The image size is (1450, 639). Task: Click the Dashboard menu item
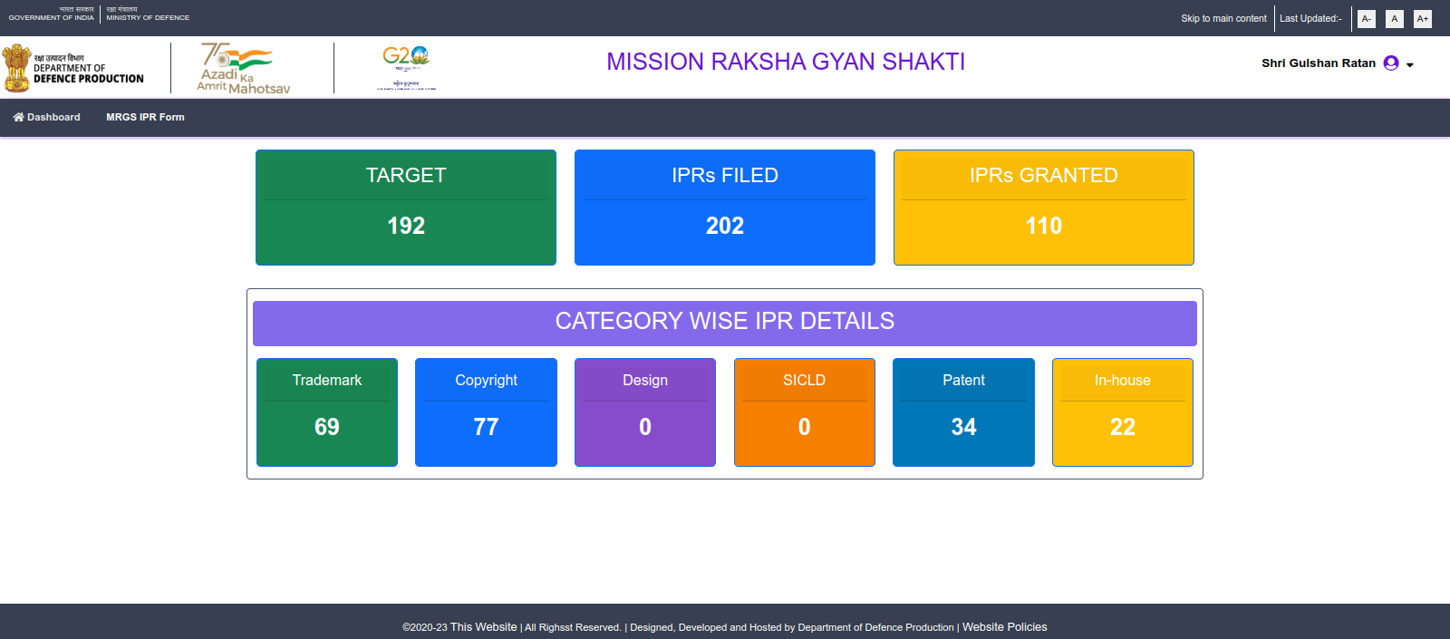47,117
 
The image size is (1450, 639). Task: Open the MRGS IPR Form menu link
145,117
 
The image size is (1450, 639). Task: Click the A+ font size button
1422,18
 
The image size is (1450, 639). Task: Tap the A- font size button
1366,18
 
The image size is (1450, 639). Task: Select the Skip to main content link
1223,18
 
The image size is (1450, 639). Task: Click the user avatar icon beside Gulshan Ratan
1391,63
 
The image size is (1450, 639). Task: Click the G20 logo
406,63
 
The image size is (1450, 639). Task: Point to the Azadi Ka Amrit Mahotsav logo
243,68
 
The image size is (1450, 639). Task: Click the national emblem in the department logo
16,68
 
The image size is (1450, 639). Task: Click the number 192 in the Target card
406,226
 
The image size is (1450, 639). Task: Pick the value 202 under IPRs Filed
725,226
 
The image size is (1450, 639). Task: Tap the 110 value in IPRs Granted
1043,226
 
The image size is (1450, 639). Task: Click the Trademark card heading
326,380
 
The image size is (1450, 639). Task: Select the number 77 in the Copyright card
486,427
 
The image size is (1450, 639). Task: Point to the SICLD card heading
804,380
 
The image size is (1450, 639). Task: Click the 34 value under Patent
963,427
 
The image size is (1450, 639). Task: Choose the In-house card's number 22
1122,427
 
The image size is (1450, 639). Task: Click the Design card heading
645,380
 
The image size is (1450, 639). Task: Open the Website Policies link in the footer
1004,626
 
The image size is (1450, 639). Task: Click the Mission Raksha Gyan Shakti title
786,62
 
